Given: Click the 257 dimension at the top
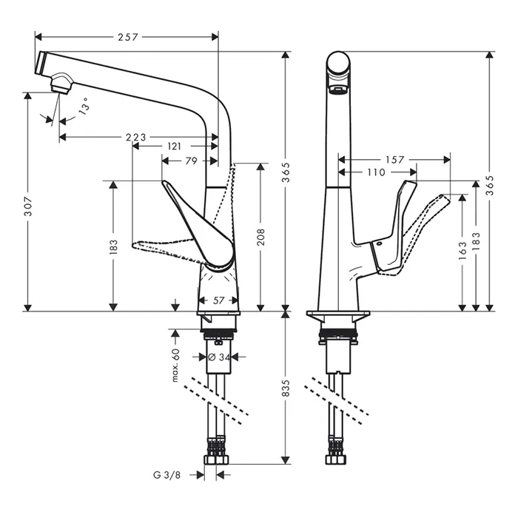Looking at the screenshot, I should tap(127, 36).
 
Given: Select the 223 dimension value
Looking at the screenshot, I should tap(136, 136).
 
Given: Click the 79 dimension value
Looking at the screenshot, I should tap(190, 160).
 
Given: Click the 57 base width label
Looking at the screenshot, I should tap(218, 300).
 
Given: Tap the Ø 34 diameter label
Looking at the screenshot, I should tap(220, 357).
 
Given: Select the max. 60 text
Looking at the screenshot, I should tap(176, 365).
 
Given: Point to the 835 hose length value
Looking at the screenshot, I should tap(287, 388).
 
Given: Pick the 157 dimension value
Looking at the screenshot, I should tap(394, 159).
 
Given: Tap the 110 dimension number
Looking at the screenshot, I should tap(374, 172).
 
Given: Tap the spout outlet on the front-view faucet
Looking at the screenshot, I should tap(338, 90).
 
